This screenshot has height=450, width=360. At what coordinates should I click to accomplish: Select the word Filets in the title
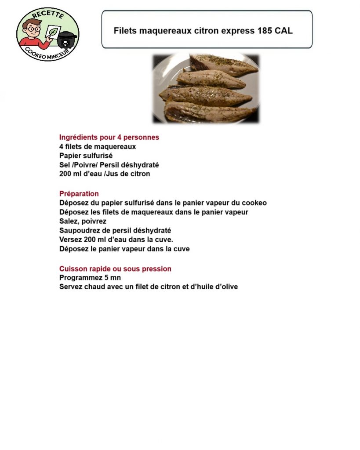point(124,31)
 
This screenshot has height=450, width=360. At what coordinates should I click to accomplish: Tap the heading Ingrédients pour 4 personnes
point(109,137)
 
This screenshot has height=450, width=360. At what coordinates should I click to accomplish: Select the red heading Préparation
point(79,193)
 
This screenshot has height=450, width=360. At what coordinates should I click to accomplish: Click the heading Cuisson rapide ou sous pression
point(115,269)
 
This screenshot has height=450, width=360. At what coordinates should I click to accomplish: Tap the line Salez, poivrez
point(83,221)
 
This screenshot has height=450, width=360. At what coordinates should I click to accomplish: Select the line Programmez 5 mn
point(90,278)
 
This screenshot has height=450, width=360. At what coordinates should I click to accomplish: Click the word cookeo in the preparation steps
point(254,203)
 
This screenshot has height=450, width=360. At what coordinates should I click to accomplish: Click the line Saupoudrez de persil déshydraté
point(115,230)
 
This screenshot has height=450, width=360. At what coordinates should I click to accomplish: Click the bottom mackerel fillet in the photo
point(207,113)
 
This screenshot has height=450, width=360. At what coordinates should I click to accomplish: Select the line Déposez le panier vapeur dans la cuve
point(124,249)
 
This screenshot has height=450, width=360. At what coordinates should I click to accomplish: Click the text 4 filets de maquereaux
point(98,146)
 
